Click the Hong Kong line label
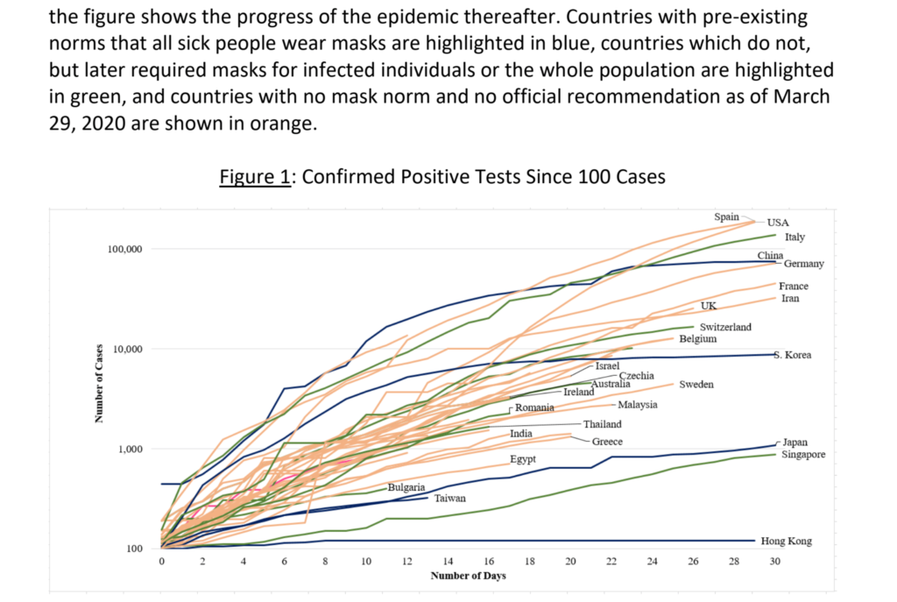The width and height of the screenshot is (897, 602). click(786, 542)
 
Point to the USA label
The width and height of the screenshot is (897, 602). click(779, 223)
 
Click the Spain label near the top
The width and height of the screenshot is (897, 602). click(727, 216)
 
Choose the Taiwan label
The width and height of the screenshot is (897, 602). click(449, 498)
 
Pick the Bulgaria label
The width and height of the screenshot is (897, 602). click(406, 486)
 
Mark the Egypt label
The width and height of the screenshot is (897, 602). click(522, 459)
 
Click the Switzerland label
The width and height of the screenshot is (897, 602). click(725, 327)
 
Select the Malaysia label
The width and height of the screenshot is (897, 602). click(638, 405)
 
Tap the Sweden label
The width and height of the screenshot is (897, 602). click(696, 385)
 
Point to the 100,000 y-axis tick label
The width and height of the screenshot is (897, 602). click(124, 250)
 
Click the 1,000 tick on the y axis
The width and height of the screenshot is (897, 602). click(130, 450)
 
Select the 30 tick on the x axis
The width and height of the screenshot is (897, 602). click(774, 560)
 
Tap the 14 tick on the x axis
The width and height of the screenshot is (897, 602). click(448, 560)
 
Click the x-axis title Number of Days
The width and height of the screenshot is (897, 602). click(468, 576)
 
